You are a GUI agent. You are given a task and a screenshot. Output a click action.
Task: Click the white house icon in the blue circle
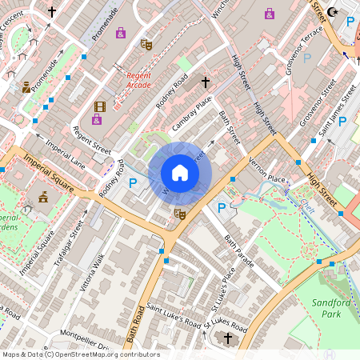[x=180, y=173]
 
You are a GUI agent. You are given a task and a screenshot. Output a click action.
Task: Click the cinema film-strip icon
[x=99, y=106]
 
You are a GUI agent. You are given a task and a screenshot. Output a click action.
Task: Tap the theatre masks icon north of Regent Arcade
[x=146, y=45]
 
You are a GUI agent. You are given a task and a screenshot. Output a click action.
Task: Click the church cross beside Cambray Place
[x=205, y=82]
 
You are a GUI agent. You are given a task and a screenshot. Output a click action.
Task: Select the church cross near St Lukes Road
[x=227, y=339]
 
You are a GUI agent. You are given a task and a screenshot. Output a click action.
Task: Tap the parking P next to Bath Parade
[x=222, y=208]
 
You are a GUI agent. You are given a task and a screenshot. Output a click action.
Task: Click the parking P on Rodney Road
[x=133, y=183]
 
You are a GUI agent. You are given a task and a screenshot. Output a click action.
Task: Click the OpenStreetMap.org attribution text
[x=116, y=354]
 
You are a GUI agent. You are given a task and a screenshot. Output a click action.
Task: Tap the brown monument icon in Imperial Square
[x=42, y=196]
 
